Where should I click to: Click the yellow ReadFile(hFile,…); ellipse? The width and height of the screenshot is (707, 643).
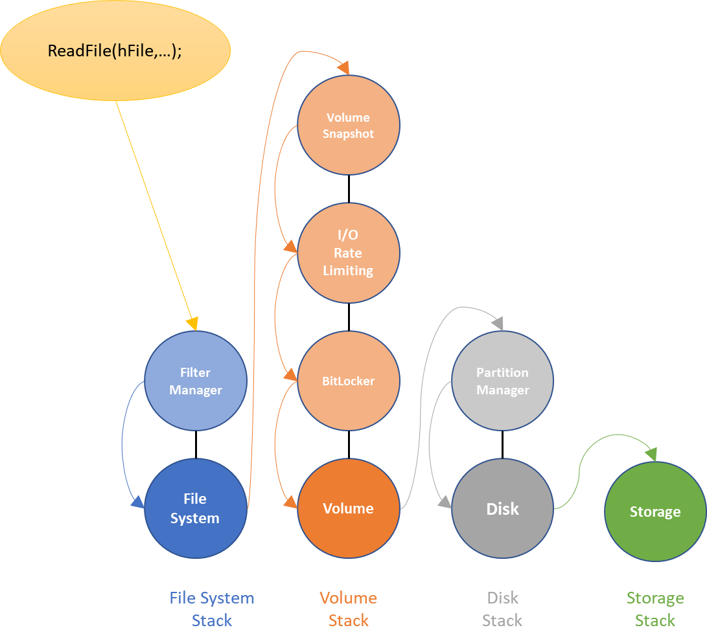click(115, 51)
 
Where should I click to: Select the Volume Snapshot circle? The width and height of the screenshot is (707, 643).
click(348, 125)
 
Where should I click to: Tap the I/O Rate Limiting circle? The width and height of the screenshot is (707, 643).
click(348, 253)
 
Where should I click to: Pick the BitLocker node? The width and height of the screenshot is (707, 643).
click(348, 381)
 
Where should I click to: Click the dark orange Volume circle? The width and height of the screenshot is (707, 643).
click(348, 508)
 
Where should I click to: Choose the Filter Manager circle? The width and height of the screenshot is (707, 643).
click(195, 381)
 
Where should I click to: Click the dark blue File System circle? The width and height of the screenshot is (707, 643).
click(195, 508)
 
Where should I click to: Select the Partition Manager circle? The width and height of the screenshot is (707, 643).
click(502, 381)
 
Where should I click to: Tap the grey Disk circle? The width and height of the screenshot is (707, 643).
click(502, 508)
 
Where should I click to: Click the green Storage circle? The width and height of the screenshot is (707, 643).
click(655, 512)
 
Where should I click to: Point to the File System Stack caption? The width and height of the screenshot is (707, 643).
click(212, 609)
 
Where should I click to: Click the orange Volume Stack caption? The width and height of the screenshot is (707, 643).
click(348, 609)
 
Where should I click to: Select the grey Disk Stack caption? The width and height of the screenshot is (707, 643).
click(502, 609)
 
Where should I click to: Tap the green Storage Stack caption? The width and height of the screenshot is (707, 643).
click(655, 609)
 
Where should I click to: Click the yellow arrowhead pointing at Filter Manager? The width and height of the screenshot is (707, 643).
click(192, 324)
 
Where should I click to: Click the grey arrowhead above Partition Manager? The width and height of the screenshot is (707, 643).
click(498, 323)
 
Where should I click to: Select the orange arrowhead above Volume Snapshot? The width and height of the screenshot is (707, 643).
click(343, 68)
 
